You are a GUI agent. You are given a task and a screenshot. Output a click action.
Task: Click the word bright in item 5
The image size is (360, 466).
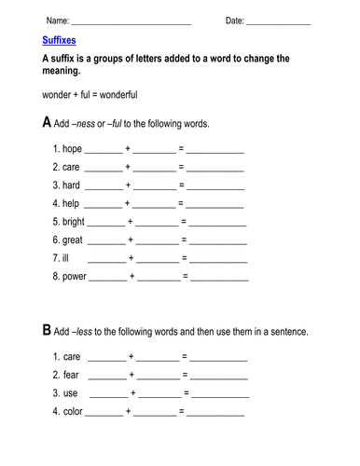click(x=76, y=222)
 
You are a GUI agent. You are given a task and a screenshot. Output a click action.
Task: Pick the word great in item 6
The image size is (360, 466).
click(x=74, y=240)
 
